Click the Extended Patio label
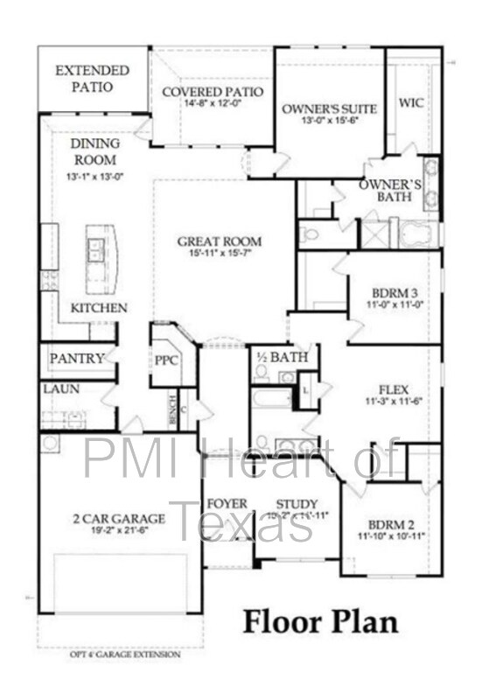(x=92, y=77)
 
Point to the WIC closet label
(x=412, y=103)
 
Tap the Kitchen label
(x=99, y=309)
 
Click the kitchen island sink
(x=96, y=248)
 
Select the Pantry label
(x=77, y=358)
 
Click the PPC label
(x=166, y=360)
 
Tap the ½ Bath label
(x=276, y=357)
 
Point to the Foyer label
(x=227, y=504)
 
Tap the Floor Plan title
(x=320, y=622)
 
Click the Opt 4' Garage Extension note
(x=126, y=654)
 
